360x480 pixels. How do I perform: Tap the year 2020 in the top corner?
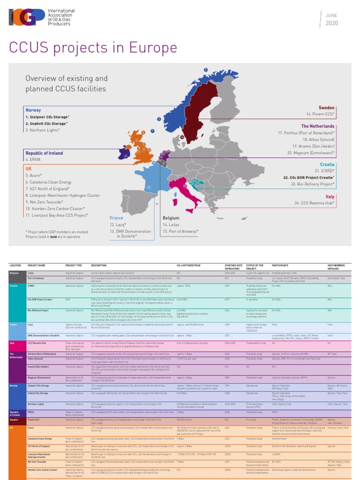point(331,23)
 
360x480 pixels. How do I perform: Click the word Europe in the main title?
point(150,48)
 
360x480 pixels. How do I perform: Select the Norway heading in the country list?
point(33,110)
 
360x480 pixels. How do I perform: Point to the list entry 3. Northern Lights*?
point(43,130)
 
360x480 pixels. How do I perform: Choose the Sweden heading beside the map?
point(326,108)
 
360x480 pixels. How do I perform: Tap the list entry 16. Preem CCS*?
point(320,114)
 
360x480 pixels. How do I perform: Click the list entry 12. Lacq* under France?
point(118,225)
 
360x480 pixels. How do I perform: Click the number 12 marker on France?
point(148,187)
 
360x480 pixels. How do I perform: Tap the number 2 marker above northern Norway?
point(205,70)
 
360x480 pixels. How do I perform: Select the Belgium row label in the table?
point(15,272)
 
